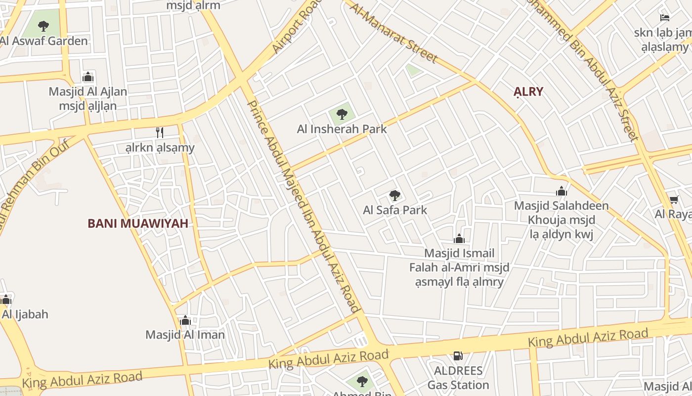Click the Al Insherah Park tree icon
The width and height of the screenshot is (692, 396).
pos(342,115)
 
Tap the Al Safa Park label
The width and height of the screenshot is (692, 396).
pos(395,210)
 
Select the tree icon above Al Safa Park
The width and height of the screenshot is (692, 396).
pos(394,195)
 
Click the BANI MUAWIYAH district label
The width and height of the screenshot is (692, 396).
pos(138,223)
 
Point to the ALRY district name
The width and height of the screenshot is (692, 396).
pos(528,92)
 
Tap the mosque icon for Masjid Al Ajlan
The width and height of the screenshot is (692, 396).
pos(88,77)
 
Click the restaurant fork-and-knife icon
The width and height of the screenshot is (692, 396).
pos(160,132)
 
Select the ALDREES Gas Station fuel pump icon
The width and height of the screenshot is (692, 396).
pos(458,355)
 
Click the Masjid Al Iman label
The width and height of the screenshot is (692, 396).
pos(185,335)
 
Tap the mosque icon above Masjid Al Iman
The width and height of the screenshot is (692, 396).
pos(185,320)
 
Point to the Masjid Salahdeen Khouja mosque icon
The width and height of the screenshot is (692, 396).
pos(561,191)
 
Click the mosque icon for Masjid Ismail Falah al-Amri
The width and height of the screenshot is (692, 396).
pos(459,239)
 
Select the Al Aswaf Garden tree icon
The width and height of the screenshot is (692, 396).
pos(43,26)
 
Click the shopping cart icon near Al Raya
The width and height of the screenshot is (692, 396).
pos(674,199)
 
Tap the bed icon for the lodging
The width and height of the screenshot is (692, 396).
pos(665,18)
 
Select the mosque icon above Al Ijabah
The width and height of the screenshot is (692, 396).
pos(6,299)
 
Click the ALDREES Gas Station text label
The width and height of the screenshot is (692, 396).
pos(458,378)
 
